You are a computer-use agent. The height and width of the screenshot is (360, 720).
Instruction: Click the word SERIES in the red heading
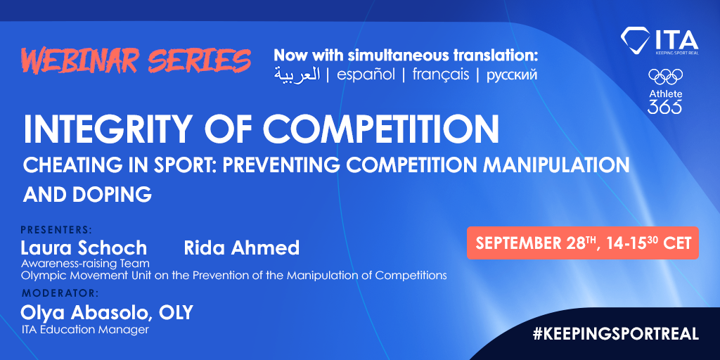[x=207, y=61]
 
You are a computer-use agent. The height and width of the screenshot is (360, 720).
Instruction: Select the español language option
[x=366, y=75]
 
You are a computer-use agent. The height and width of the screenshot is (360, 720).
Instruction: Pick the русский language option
[x=512, y=75]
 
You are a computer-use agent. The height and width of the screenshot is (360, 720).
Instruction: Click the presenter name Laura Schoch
[x=84, y=247]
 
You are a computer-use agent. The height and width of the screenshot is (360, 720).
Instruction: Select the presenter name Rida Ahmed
[x=241, y=247]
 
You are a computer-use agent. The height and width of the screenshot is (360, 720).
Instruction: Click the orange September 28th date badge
[x=583, y=243]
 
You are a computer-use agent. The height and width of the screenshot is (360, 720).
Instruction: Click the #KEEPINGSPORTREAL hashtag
[x=616, y=334]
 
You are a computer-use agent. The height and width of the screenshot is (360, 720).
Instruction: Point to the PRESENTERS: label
[x=56, y=229]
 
